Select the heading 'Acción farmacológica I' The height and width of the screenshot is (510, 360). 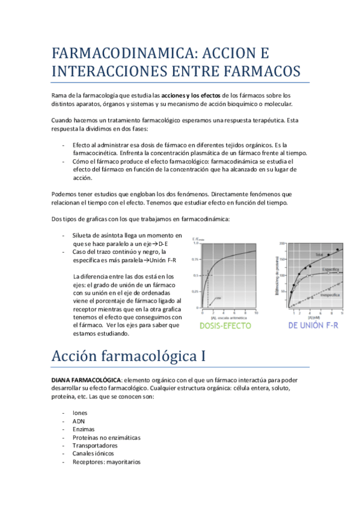point(127,355)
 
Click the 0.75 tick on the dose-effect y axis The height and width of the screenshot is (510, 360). point(195,259)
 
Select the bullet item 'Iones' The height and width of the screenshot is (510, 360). point(80,413)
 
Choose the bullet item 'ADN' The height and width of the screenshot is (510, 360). point(78,421)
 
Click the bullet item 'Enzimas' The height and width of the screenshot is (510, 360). point(84,429)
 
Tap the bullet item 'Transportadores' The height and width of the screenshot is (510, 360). point(95,446)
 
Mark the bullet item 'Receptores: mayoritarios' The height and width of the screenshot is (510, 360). point(106,462)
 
